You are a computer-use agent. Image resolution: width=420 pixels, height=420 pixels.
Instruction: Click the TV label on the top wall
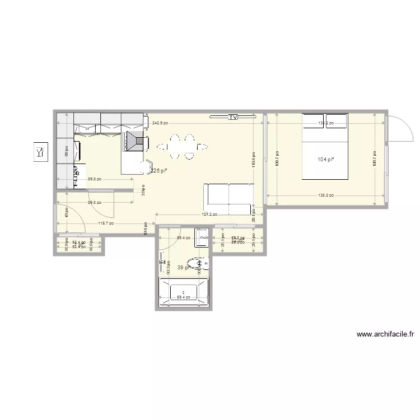[x=233, y=117]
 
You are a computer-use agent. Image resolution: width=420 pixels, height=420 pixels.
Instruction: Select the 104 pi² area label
[x=325, y=160]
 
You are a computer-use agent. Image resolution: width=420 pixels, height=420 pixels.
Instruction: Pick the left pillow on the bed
[x=313, y=121]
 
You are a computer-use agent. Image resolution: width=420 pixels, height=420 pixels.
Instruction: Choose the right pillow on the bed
[x=337, y=121]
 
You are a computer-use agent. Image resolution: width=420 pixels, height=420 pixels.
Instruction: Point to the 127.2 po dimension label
[x=209, y=214]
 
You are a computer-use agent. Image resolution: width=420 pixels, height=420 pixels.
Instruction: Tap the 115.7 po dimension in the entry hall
[x=105, y=223]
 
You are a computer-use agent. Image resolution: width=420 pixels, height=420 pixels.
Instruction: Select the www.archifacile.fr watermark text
[x=385, y=335]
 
